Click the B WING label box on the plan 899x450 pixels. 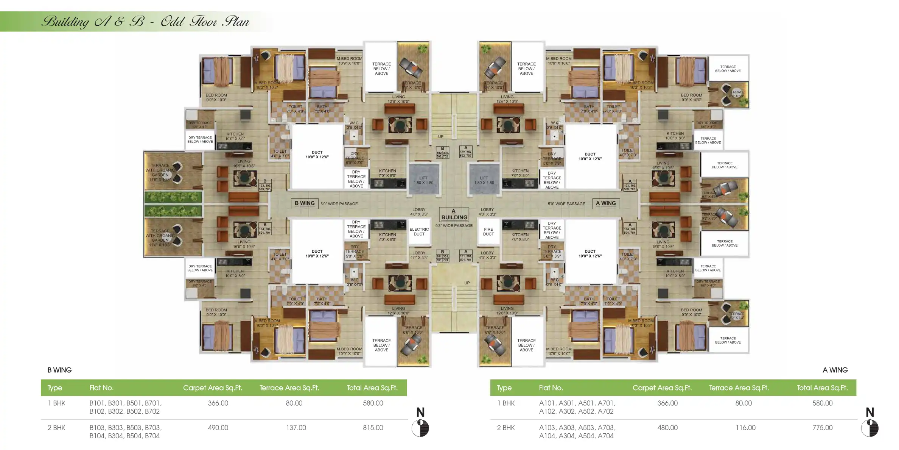click(x=305, y=203)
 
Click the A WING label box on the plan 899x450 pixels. click(x=606, y=203)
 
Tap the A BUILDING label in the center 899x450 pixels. click(x=454, y=214)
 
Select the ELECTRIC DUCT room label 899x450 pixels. click(x=419, y=231)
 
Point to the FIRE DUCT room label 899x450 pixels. click(x=488, y=231)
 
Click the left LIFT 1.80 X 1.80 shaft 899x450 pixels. click(x=423, y=180)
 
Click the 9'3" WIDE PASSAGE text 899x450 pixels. click(x=454, y=226)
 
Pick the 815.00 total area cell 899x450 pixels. click(x=373, y=428)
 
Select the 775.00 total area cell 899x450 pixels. click(x=822, y=428)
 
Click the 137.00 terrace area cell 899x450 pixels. click(x=296, y=428)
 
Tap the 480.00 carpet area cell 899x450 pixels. click(x=667, y=428)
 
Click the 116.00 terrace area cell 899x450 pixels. click(x=745, y=428)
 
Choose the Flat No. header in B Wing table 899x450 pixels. click(x=101, y=388)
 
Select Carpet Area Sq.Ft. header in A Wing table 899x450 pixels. click(x=662, y=388)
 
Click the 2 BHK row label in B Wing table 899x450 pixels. click(x=56, y=428)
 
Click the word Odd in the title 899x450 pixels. click(x=173, y=22)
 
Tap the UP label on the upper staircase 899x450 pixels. click(x=441, y=137)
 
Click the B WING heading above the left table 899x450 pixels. click(x=59, y=370)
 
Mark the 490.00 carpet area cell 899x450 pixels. click(x=218, y=428)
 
